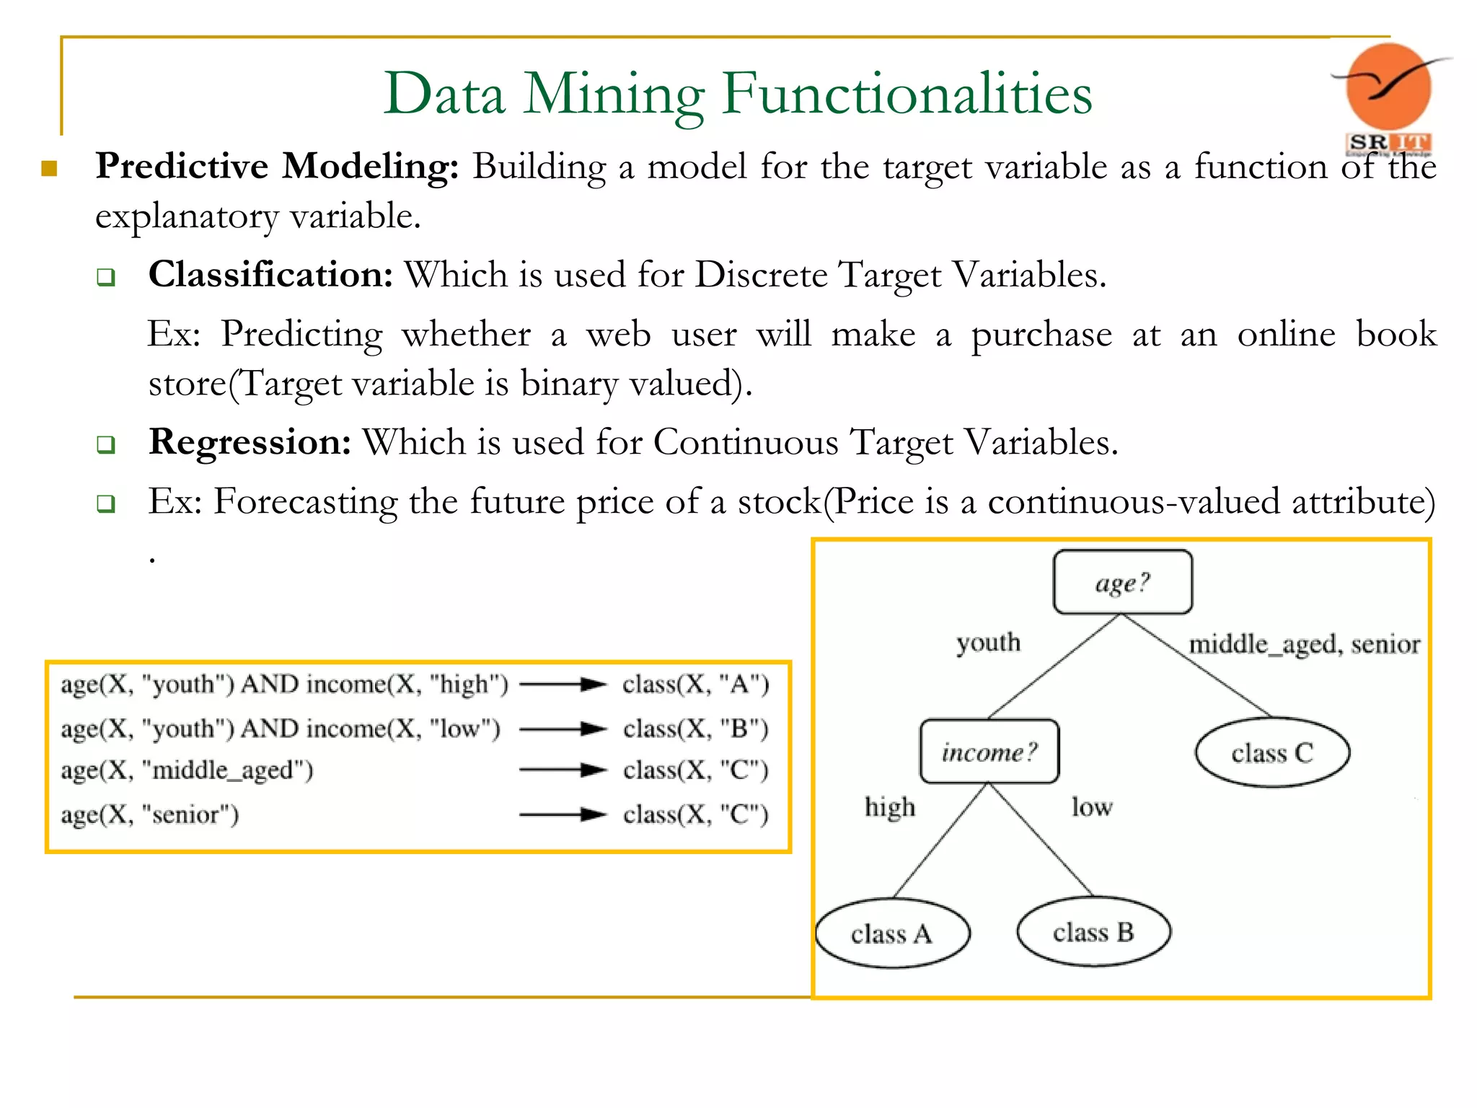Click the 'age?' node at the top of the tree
[x=1122, y=582]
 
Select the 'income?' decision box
[x=989, y=752]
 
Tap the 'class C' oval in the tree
[x=1272, y=752]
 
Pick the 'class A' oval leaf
[x=892, y=933]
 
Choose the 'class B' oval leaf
[x=1093, y=932]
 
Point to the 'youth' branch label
[x=988, y=642]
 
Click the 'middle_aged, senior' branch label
[x=1304, y=643]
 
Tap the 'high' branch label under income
[x=890, y=806]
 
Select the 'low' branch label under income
[x=1091, y=806]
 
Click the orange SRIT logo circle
[x=1388, y=87]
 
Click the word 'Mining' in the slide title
[x=613, y=94]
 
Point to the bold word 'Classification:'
[x=270, y=275]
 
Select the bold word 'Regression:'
[x=250, y=442]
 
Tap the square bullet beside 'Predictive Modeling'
[x=49, y=169]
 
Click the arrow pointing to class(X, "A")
[x=563, y=684]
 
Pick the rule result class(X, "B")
[x=695, y=729]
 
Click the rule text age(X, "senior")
[x=149, y=814]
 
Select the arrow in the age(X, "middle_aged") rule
[x=563, y=770]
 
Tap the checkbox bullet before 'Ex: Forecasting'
[x=106, y=503]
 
